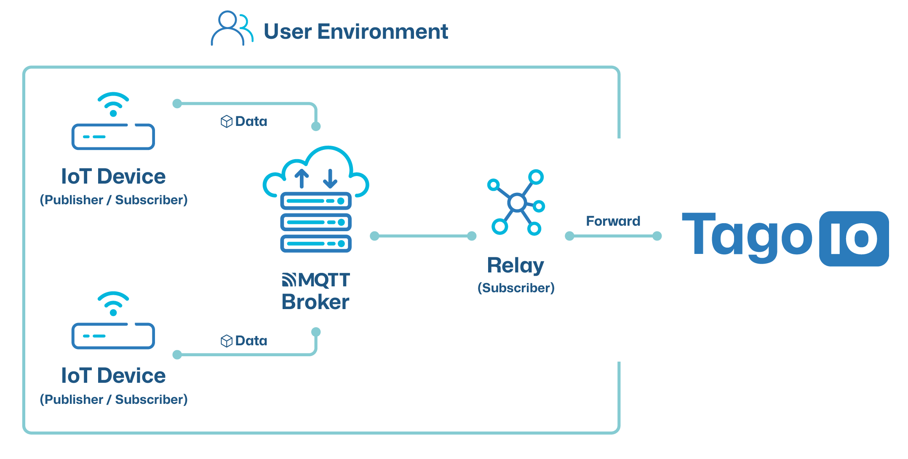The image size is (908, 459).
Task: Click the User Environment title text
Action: pos(355,32)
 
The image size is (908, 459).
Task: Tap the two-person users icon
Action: pos(231,29)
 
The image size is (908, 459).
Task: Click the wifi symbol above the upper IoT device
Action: pos(113,103)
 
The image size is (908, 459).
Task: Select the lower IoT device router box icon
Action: pos(113,336)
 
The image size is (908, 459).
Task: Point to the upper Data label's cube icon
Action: pos(226,121)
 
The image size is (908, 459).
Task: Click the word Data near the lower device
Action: pos(251,341)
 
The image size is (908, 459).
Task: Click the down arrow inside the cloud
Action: pos(330,179)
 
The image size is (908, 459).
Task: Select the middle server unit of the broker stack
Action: pos(316,222)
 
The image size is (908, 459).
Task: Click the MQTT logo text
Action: pos(316,280)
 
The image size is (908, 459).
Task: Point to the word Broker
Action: pos(315,302)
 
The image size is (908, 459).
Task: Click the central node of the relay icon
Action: pos(517,203)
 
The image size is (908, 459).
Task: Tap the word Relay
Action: pos(515,265)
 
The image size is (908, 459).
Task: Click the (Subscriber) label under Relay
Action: pos(516,288)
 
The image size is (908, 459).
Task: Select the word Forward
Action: pos(613,221)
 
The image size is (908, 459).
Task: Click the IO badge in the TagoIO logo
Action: pos(854,238)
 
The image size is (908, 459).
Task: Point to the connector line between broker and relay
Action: pos(423,236)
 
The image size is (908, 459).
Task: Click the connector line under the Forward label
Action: pos(613,236)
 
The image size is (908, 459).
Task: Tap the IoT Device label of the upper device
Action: pos(113,176)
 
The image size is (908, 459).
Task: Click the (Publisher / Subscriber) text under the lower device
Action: pos(114,399)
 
